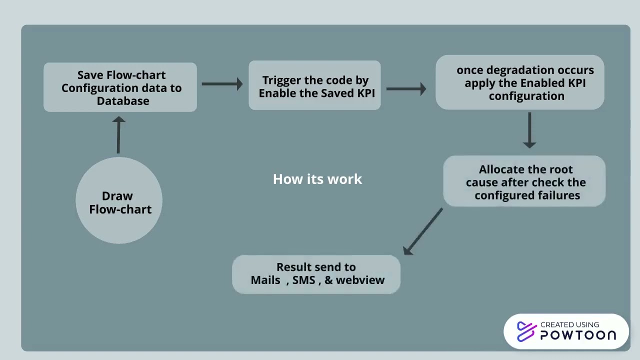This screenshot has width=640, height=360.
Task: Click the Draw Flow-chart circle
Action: coord(119,200)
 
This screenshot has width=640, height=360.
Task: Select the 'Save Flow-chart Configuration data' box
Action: coord(120,87)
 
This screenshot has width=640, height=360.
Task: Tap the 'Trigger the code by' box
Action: coord(314,85)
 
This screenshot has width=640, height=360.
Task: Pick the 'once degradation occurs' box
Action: coord(520,82)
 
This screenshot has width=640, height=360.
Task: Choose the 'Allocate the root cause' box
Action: coord(524,181)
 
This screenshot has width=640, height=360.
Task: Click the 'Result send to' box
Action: coord(316,274)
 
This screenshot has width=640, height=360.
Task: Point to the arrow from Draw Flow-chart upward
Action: coord(118,135)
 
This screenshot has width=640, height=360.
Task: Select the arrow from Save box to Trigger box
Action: coord(222,84)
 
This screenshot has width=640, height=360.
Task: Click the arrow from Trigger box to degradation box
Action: coord(406,89)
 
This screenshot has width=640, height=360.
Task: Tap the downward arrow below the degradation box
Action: coord(529,130)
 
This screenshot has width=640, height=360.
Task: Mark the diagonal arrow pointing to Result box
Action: coord(422,231)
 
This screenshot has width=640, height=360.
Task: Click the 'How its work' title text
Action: coord(317,179)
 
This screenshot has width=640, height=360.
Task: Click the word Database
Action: coord(123,101)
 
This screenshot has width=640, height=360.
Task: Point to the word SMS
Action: coord(304,280)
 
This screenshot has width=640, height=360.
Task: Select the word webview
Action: coord(360,280)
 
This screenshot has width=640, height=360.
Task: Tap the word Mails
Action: coord(265,280)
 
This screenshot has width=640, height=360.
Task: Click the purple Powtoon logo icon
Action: coord(526,331)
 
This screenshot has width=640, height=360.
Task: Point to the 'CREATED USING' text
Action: coord(569,324)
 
